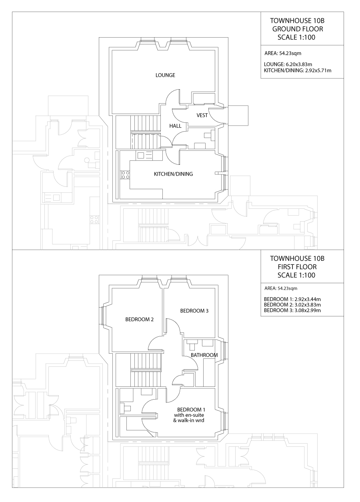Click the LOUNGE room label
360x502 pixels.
coord(165,75)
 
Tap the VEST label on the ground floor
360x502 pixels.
coord(202,115)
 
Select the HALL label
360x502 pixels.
coord(175,126)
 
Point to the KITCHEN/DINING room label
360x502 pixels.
coord(174,174)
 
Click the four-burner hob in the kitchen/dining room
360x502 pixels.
coord(125,174)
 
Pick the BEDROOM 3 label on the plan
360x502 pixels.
coord(194,310)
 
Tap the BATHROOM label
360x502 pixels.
coord(204,355)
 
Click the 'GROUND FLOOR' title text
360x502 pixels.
coord(297,29)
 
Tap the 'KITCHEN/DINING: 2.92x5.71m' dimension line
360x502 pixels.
coord(298,70)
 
